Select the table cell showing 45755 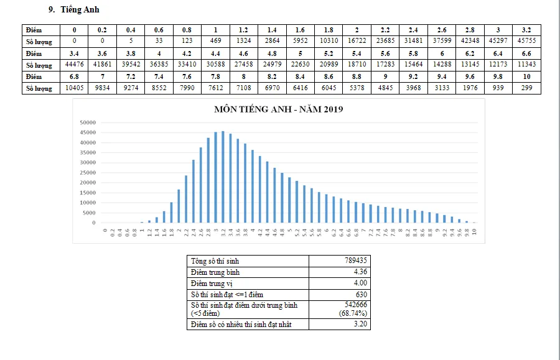[526, 41]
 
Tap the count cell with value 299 [526, 88]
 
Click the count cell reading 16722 [357, 41]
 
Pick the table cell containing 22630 [300, 65]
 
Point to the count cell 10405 [75, 88]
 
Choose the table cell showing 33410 [187, 65]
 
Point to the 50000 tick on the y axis [88, 122]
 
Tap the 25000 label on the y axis [88, 172]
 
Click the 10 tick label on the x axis [475, 231]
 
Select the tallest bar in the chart [223, 177]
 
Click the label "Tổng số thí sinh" [215, 261]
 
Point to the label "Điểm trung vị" [211, 284]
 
